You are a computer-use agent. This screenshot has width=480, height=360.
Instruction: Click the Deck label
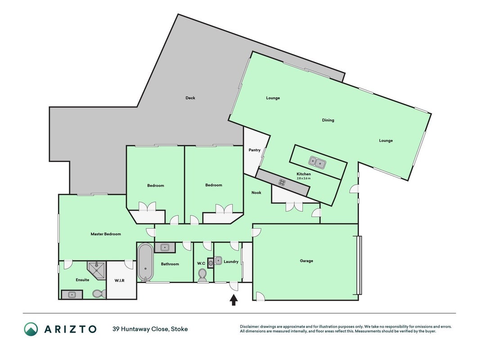190,98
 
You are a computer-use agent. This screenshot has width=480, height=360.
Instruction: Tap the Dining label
328,120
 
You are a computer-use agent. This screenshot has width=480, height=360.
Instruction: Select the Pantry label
254,150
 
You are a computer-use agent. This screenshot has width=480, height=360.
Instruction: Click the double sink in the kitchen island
317,162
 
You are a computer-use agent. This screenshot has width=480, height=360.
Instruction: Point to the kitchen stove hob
282,183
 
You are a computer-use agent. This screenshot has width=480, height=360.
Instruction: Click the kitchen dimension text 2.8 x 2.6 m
304,178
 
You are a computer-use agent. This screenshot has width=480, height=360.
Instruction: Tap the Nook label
256,193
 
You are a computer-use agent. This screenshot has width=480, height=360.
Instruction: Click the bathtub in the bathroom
145,262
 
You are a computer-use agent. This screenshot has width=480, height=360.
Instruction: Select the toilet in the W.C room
202,274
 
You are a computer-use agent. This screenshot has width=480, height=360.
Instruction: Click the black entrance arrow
233,300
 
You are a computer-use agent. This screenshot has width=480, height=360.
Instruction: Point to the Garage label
306,261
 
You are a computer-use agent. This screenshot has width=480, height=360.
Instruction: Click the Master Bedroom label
106,234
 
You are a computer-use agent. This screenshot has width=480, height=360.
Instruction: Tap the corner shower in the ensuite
96,270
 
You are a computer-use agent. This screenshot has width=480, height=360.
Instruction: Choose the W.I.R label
119,280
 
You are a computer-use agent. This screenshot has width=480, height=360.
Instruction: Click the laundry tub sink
218,261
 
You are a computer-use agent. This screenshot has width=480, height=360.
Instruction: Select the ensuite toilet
99,294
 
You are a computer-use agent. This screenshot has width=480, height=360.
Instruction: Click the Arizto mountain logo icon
31,329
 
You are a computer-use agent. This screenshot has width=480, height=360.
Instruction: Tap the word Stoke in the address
179,329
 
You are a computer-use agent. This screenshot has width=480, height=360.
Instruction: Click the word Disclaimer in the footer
250,327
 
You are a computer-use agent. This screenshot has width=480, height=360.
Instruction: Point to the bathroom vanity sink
165,247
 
